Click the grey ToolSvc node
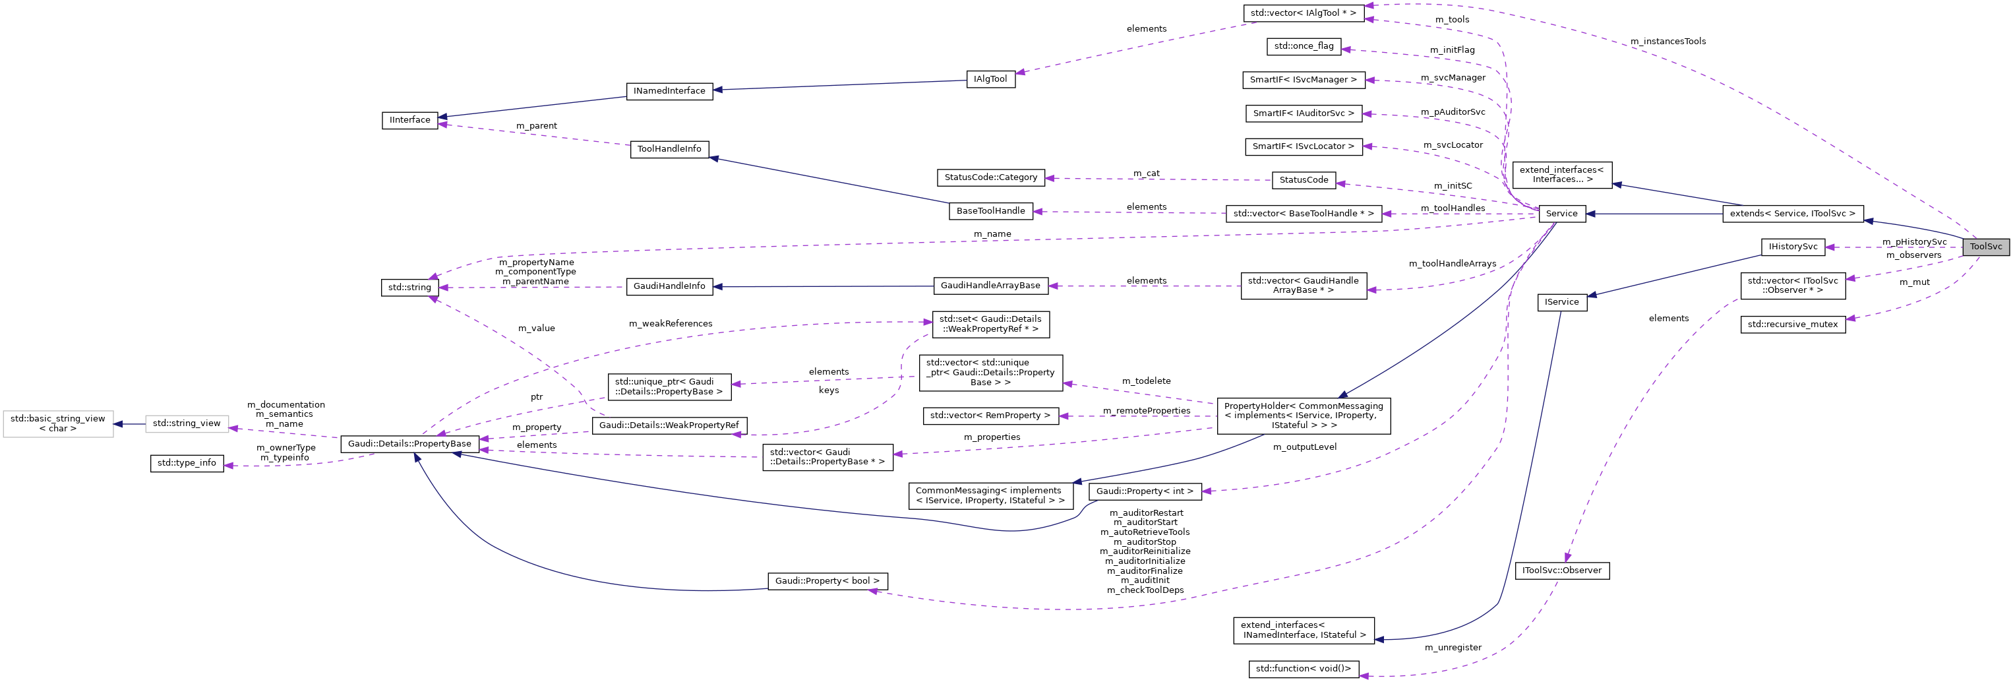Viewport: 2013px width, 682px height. (x=1985, y=247)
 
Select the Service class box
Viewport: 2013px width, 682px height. (x=1561, y=214)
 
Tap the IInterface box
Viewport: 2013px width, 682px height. (x=410, y=119)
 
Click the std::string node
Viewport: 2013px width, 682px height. (x=409, y=287)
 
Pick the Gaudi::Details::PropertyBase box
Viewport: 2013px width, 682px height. (x=409, y=443)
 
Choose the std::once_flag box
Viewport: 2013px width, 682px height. (x=1304, y=46)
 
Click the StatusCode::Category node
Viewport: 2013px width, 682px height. (x=990, y=177)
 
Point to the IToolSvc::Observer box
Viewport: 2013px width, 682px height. (x=1561, y=570)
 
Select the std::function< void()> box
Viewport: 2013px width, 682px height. (x=1303, y=669)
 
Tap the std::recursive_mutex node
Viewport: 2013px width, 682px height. (x=1793, y=324)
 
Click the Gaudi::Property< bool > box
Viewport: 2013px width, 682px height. (x=827, y=581)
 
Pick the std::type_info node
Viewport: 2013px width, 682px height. (x=187, y=463)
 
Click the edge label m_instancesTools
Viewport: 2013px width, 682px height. (x=1667, y=42)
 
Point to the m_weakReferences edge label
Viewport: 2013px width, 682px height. (x=671, y=324)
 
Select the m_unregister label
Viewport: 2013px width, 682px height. (x=1453, y=648)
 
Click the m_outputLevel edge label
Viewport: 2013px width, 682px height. (x=1304, y=447)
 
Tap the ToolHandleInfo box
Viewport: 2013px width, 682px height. (x=669, y=148)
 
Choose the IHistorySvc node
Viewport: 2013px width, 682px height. (x=1793, y=247)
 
